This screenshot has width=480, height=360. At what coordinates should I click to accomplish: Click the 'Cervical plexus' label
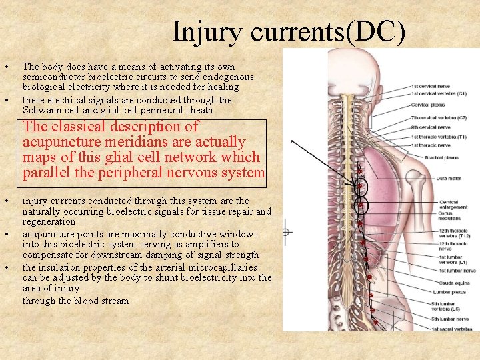click(x=429, y=105)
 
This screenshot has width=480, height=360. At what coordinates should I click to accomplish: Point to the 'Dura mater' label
click(x=448, y=178)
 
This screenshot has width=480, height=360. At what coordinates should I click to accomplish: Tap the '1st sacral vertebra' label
click(x=452, y=328)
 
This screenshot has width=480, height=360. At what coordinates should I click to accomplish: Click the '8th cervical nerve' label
click(x=430, y=127)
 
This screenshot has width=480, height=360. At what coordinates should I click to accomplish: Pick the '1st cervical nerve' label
click(x=430, y=86)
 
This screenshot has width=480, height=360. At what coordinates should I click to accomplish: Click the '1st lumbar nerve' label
click(x=457, y=271)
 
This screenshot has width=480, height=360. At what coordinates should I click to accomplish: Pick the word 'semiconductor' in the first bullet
click(x=53, y=77)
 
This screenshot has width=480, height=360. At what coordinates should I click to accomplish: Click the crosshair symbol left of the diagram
click(x=286, y=233)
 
